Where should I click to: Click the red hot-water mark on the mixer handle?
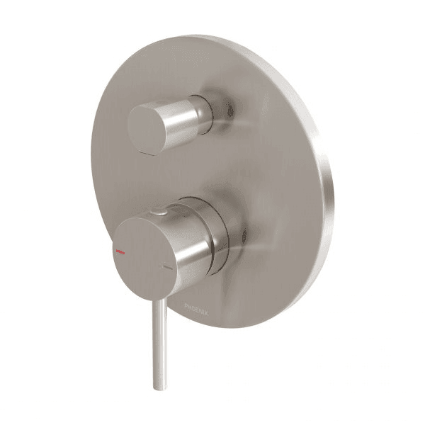(x=121, y=252)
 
